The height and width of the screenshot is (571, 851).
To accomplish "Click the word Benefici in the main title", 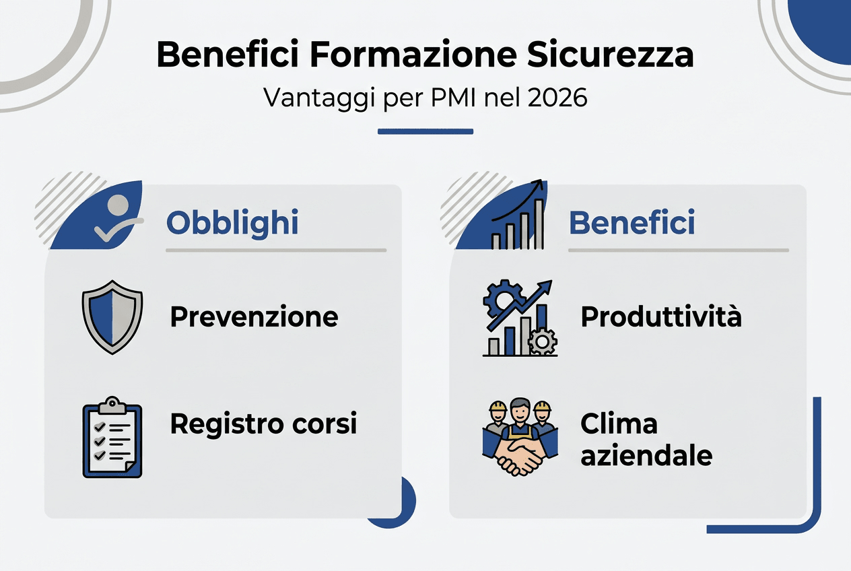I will coord(227,56).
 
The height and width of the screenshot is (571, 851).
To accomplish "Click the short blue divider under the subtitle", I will coord(425,131).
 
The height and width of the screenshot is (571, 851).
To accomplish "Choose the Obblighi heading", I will coord(232,223).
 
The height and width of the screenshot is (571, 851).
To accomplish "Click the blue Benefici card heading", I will coord(632,223).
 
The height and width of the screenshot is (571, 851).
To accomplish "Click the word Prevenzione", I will coord(254,316).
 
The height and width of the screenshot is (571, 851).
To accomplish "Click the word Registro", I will coord(217,424).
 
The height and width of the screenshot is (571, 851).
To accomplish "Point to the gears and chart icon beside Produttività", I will coord(520,318).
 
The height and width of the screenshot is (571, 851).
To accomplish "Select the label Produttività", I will coord(660,316).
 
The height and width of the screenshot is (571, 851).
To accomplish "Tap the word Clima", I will coord(619,424).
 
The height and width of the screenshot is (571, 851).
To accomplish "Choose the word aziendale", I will coord(646,456).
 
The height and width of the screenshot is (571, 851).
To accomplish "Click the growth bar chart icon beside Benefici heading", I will coord(518,215).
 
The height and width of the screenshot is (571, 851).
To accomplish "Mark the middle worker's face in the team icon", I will coord(519,409).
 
